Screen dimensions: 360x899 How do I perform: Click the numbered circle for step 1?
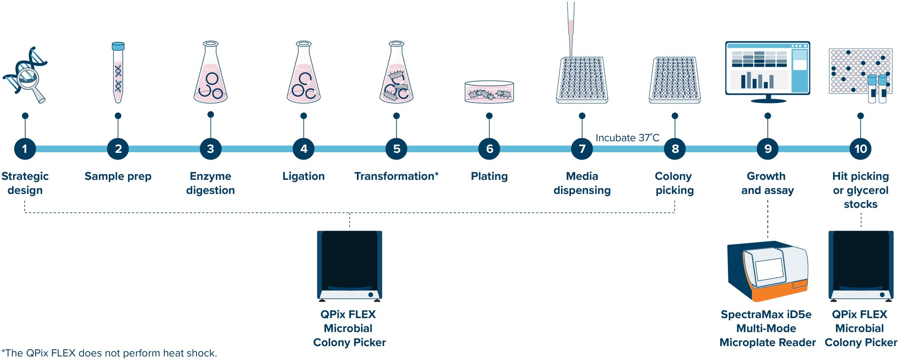(25, 149)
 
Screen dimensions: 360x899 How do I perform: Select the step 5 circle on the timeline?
(396, 149)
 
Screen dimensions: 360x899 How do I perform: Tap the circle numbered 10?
(860, 149)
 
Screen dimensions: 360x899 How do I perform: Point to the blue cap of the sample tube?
(118, 46)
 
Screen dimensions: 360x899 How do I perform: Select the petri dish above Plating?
(489, 92)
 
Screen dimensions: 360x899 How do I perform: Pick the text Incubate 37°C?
(627, 138)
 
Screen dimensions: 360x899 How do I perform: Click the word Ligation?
(303, 176)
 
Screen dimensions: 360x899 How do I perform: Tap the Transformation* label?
(396, 176)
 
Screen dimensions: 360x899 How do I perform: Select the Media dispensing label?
(582, 183)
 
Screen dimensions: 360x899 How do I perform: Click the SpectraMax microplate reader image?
(767, 272)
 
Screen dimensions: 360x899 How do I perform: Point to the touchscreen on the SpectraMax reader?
(769, 270)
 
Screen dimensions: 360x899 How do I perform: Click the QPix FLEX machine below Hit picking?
(860, 265)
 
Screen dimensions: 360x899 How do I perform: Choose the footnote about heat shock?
(109, 353)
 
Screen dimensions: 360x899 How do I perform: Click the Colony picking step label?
(674, 183)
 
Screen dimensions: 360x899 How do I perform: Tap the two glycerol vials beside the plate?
(877, 89)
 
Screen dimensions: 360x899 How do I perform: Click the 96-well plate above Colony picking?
(675, 80)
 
